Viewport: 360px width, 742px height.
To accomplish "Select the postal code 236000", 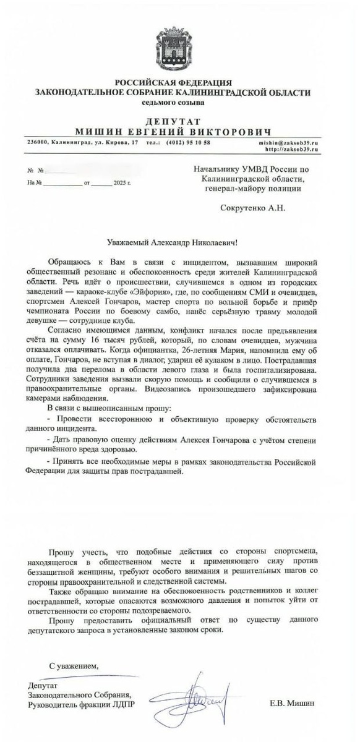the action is [36, 142].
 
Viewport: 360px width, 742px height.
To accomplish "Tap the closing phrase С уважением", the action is [72, 665].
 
